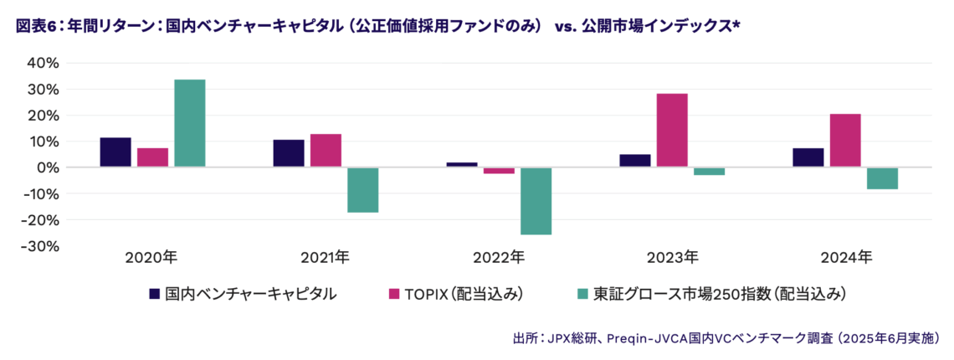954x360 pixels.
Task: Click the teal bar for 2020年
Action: (x=189, y=123)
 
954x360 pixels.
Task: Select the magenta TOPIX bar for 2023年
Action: (x=672, y=131)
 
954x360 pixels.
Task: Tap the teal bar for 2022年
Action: (x=536, y=201)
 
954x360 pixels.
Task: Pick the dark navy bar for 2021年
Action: (x=289, y=153)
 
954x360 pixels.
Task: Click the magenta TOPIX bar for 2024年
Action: (x=845, y=141)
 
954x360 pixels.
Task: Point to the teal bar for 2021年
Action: (x=362, y=190)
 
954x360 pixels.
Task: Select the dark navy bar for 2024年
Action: (x=808, y=157)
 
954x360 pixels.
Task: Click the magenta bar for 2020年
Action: (x=152, y=157)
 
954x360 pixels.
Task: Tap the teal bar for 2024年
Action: (x=882, y=178)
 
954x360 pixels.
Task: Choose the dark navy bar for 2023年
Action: (x=635, y=161)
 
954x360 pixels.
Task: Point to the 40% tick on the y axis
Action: (x=44, y=63)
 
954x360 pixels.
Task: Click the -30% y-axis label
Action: (x=41, y=246)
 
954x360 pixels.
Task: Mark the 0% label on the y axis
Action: (x=48, y=167)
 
